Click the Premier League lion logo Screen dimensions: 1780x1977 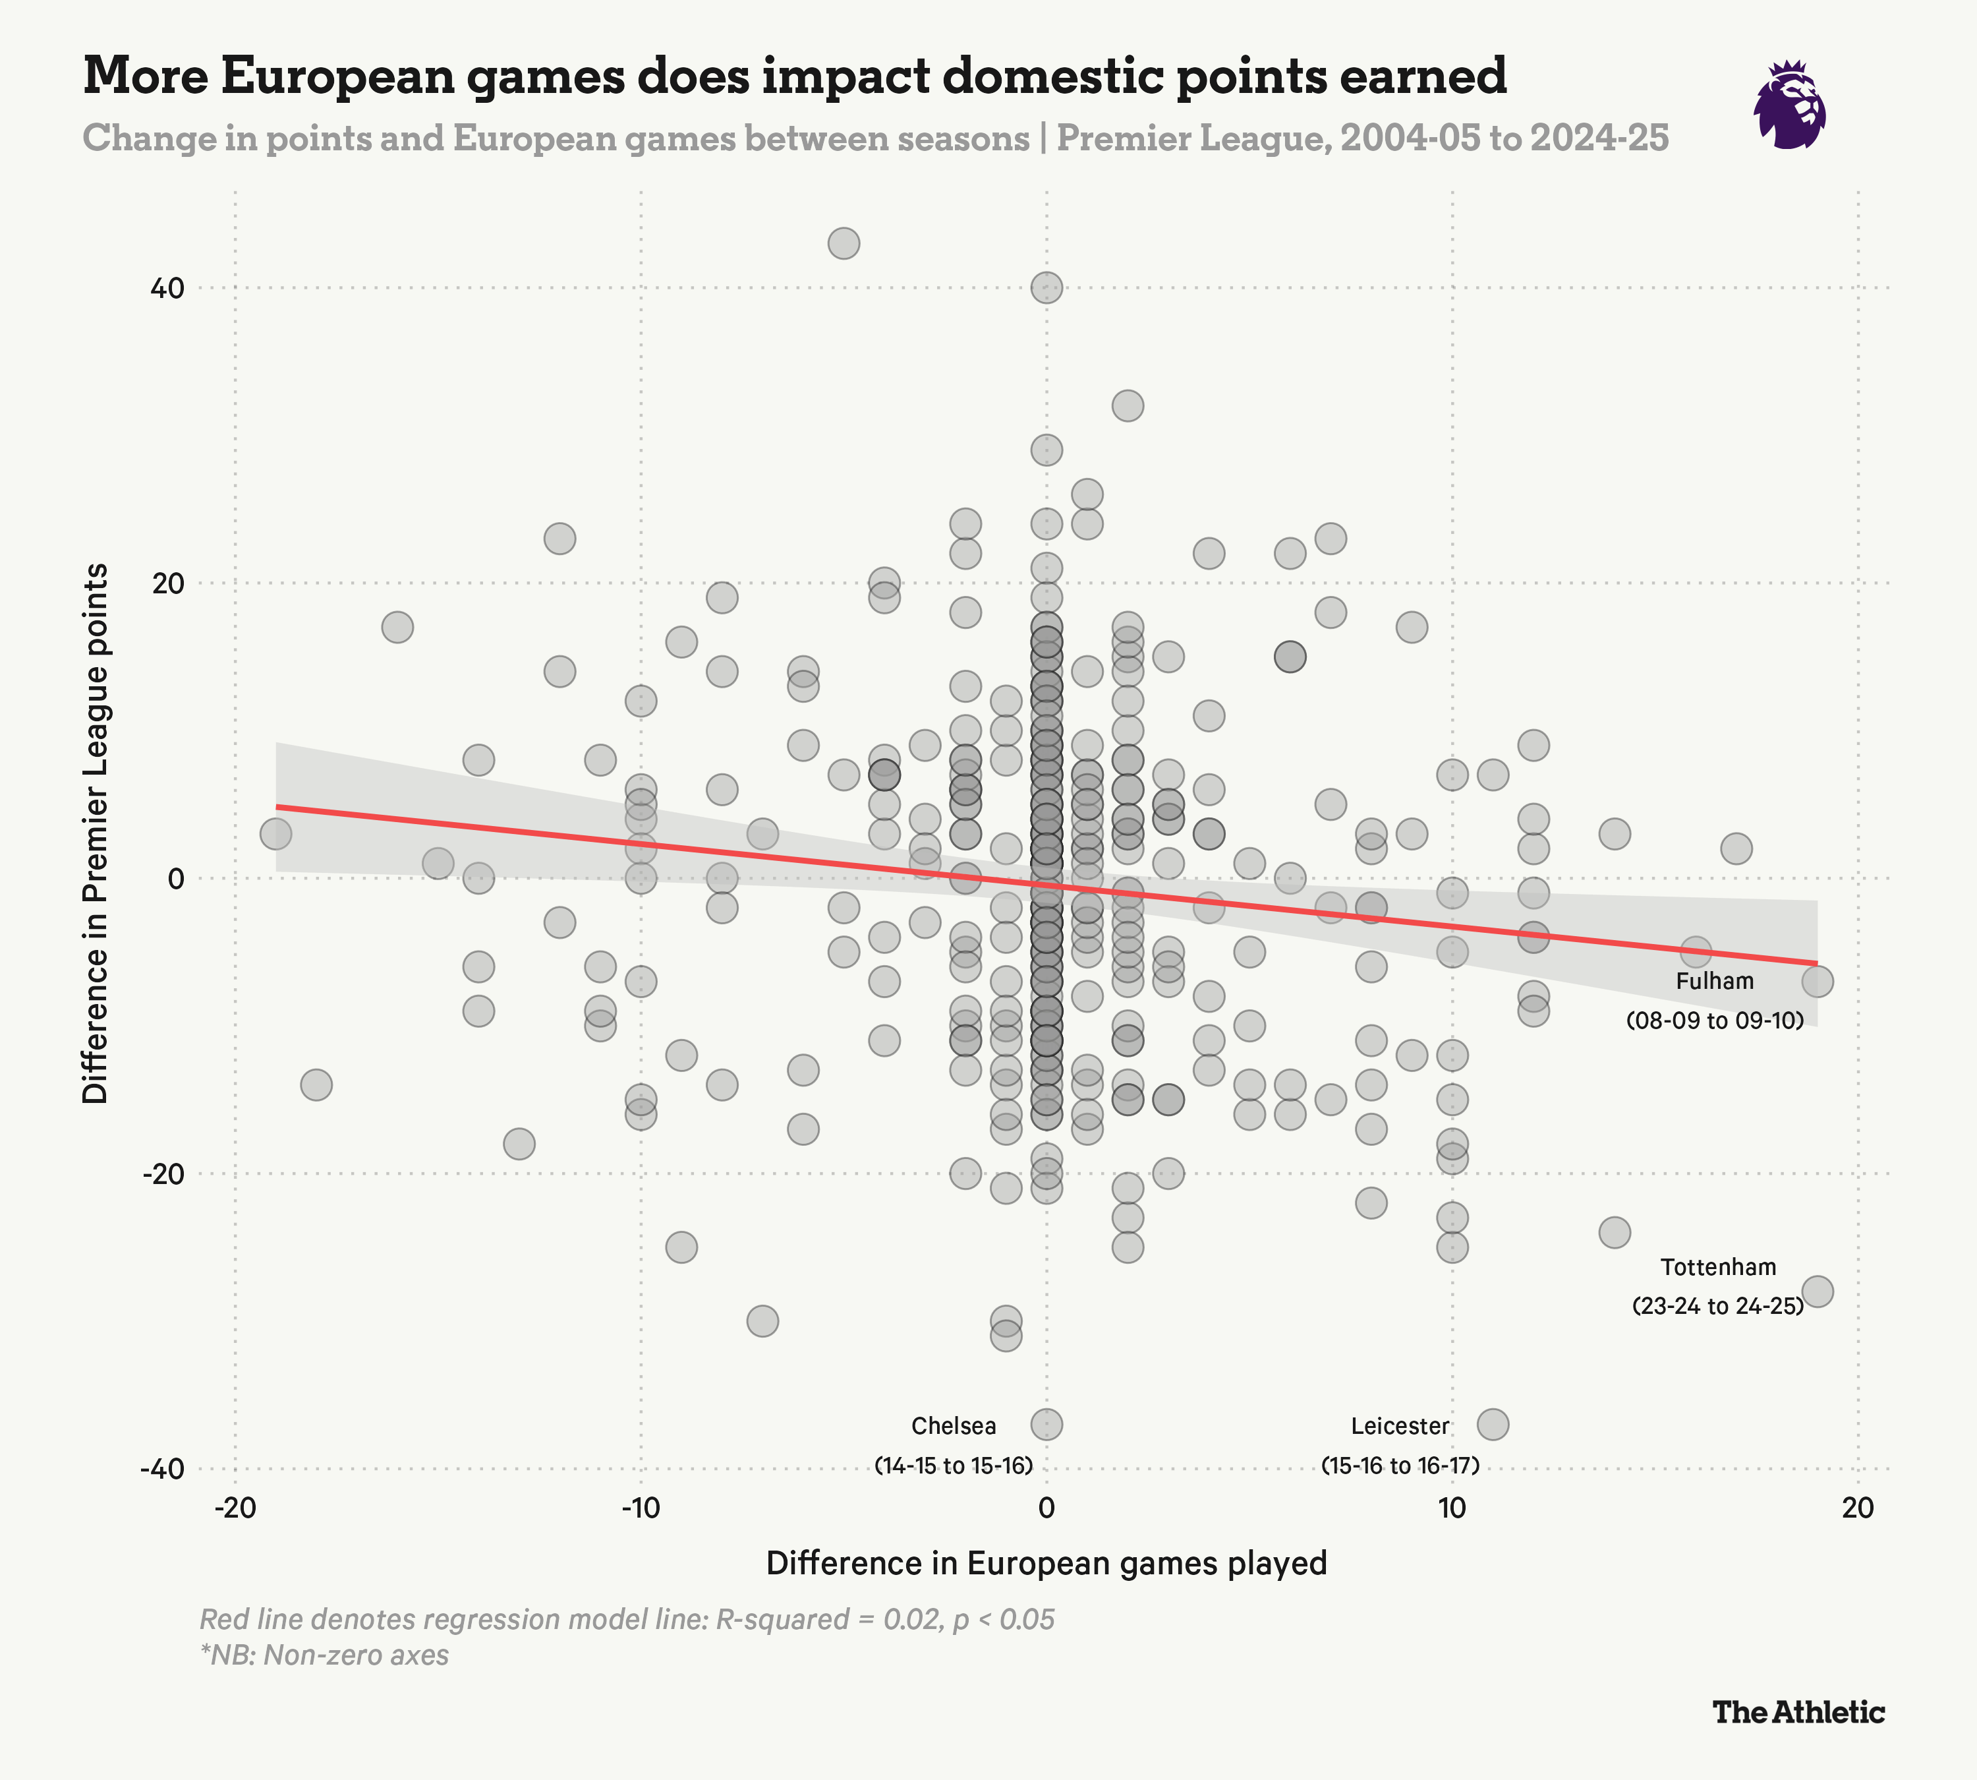[1789, 105]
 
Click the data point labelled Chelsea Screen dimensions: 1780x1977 [1046, 1424]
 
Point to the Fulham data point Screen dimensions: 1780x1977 [1818, 981]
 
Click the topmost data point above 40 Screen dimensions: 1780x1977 [844, 243]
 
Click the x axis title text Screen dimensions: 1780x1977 [1046, 1563]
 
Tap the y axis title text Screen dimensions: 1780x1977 [95, 833]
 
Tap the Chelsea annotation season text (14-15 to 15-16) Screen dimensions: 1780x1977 [954, 1465]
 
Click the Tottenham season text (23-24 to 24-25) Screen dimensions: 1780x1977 [1718, 1305]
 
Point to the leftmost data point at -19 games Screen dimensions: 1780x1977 [275, 834]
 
